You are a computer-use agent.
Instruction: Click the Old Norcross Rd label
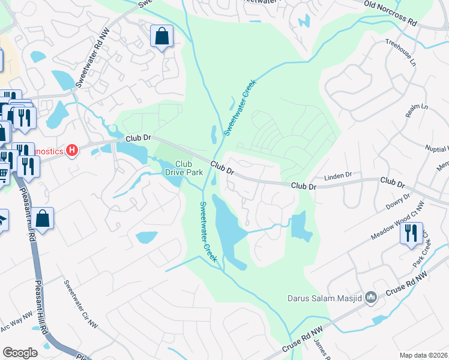pos(390,13)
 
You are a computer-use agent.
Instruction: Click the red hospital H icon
pos(73,150)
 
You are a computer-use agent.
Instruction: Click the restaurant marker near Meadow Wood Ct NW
pos(411,232)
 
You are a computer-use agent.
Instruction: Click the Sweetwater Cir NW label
pos(80,304)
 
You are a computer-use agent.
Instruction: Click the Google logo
pos(20,352)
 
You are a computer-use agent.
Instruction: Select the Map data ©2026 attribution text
pos(424,355)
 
